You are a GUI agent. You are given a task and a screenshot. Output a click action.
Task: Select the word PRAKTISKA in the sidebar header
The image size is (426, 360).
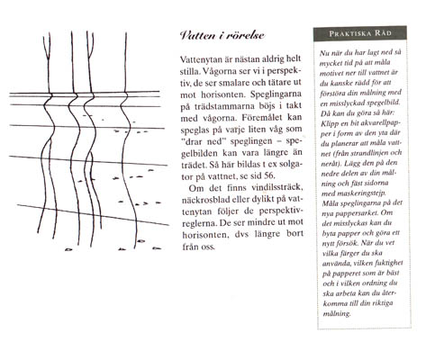click(350, 33)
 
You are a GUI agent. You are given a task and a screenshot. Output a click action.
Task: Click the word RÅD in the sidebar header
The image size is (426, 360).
click(383, 33)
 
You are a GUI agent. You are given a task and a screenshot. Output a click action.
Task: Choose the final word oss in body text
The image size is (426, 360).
click(209, 247)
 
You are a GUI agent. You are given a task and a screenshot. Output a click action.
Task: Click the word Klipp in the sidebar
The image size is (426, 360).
click(329, 123)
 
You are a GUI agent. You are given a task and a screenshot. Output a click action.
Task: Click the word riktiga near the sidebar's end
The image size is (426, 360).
click(383, 303)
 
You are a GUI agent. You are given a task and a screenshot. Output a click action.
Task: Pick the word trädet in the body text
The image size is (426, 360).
click(190, 165)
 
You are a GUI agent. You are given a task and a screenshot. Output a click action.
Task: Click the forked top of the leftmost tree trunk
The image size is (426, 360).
click(48, 47)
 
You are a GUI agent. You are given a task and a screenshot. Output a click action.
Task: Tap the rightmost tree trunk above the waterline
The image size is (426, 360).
click(125, 62)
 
